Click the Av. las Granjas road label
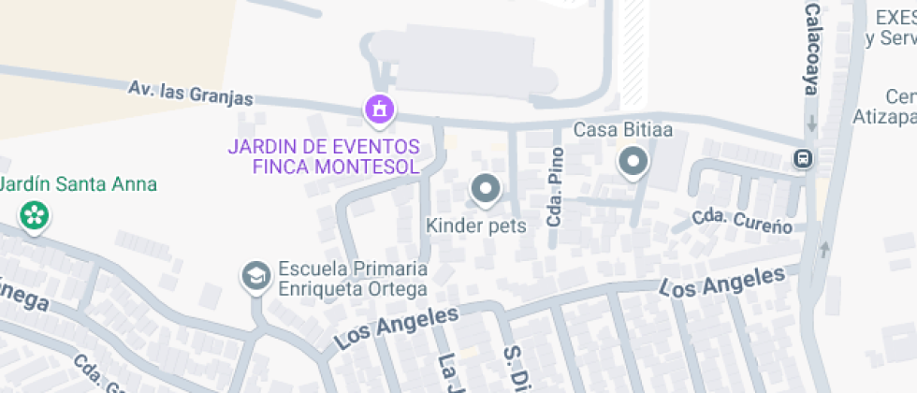pyautogui.click(x=191, y=94)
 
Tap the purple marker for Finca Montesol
pyautogui.click(x=380, y=109)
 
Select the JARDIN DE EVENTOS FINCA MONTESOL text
pyautogui.click(x=324, y=156)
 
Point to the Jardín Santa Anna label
pyautogui.click(x=79, y=184)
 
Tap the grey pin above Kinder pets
pyautogui.click(x=486, y=190)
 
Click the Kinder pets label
pyautogui.click(x=476, y=226)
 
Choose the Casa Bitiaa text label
pyautogui.click(x=623, y=129)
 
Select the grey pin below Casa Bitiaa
pyautogui.click(x=633, y=163)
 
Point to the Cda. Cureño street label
pyautogui.click(x=743, y=222)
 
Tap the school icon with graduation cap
pyautogui.click(x=255, y=276)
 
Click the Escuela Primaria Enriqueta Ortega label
pyautogui.click(x=352, y=279)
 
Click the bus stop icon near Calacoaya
pyautogui.click(x=803, y=158)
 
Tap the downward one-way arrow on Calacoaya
pyautogui.click(x=812, y=123)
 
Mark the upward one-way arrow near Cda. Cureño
pyautogui.click(x=824, y=250)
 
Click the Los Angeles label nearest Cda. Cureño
pyautogui.click(x=722, y=282)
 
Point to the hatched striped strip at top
pyautogui.click(x=633, y=51)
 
